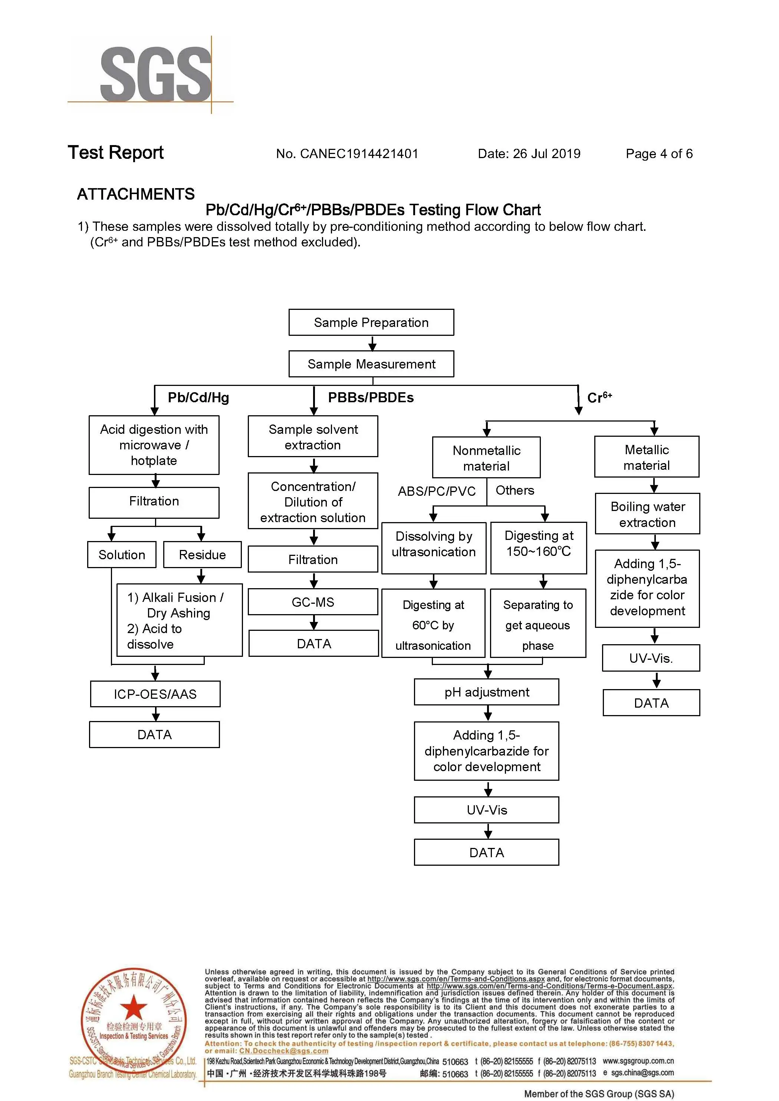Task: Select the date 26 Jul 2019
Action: [x=546, y=154]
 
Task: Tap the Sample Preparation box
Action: [x=371, y=322]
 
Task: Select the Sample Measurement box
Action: [x=371, y=364]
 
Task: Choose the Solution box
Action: [x=122, y=554]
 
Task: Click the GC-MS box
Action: [x=313, y=602]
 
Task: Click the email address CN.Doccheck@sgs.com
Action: [x=283, y=1051]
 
